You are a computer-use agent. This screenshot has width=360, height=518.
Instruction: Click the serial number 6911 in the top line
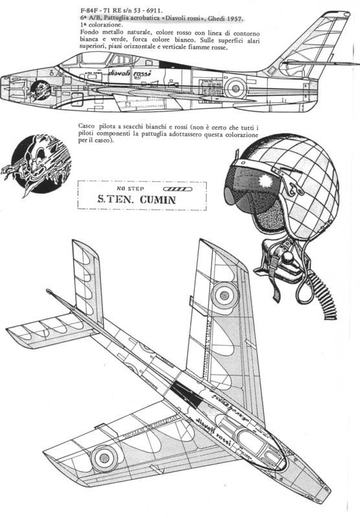point(155,10)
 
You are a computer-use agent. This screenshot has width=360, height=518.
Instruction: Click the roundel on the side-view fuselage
point(235,87)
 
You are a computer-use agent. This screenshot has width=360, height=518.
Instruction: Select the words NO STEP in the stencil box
point(130,188)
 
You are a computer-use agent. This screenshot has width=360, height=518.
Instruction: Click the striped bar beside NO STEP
point(177,189)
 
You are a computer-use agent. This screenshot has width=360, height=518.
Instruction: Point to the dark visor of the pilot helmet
point(247,190)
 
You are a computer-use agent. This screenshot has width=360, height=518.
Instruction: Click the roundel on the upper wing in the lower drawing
point(225,295)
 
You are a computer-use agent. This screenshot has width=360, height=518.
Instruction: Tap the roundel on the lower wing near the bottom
point(104,458)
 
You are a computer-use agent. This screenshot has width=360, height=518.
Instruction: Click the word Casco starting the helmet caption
point(86,126)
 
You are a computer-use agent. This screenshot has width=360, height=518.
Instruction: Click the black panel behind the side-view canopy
point(175,65)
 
